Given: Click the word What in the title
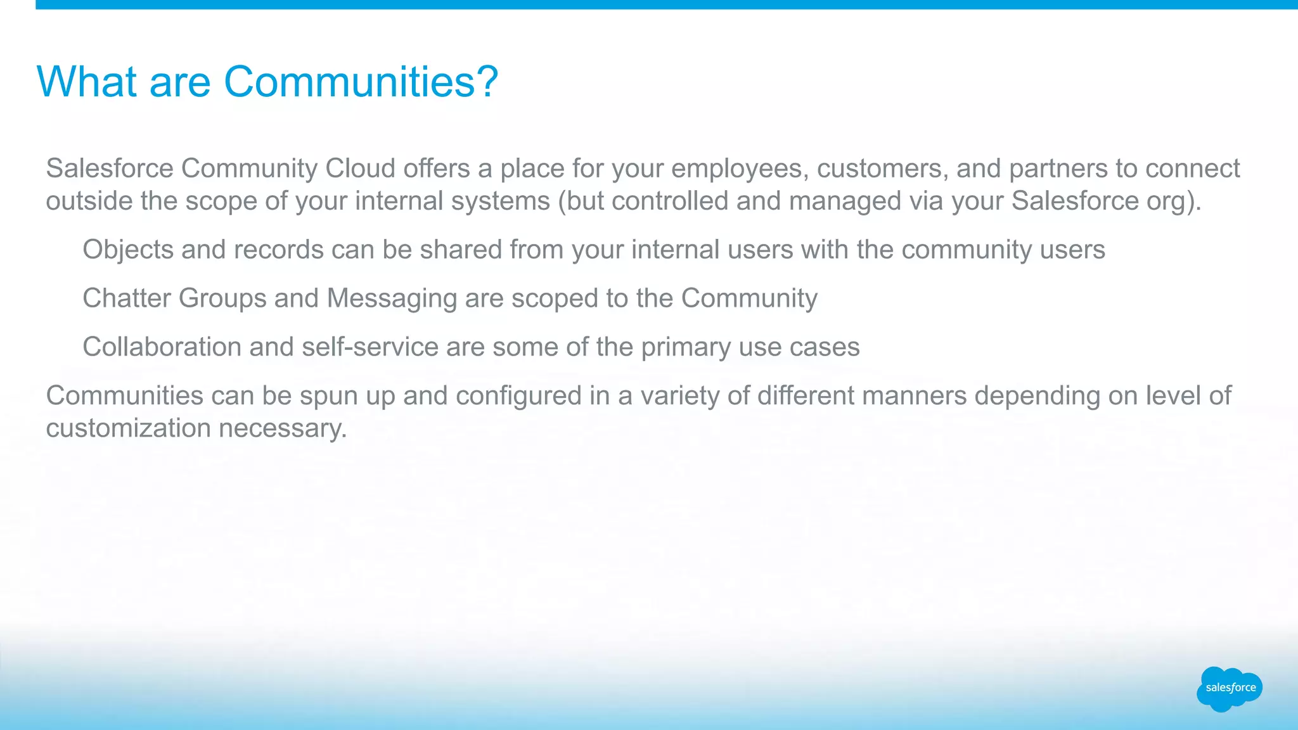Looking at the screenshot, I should tap(87, 82).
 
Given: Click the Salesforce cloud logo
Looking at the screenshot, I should tap(1230, 689).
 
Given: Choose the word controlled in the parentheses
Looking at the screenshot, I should tap(669, 201).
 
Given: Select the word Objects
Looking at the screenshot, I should tap(128, 250).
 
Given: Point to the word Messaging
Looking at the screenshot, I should tap(392, 299).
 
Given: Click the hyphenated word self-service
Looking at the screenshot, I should tap(370, 347).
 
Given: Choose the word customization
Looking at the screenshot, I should tap(129, 428).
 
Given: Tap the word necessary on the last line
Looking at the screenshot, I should tap(283, 429).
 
